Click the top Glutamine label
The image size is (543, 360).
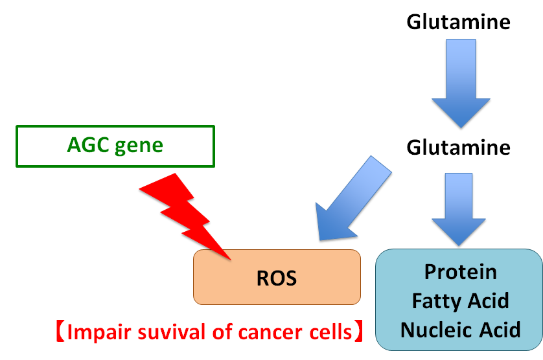pos(458,22)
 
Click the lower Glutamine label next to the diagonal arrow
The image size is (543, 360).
pos(458,148)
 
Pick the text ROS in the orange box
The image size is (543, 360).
pos(276,278)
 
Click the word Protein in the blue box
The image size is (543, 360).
pos(460,272)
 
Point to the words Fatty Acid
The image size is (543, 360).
pos(460,301)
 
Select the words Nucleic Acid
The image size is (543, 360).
pos(460,330)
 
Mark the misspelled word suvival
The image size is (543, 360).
pos(169,333)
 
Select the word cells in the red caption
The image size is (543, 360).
pos(328,333)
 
